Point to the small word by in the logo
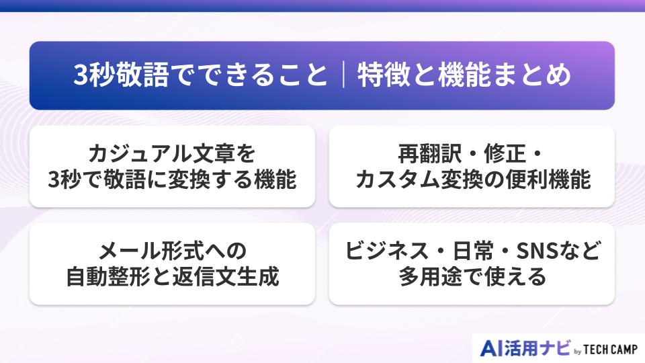coord(577,351)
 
